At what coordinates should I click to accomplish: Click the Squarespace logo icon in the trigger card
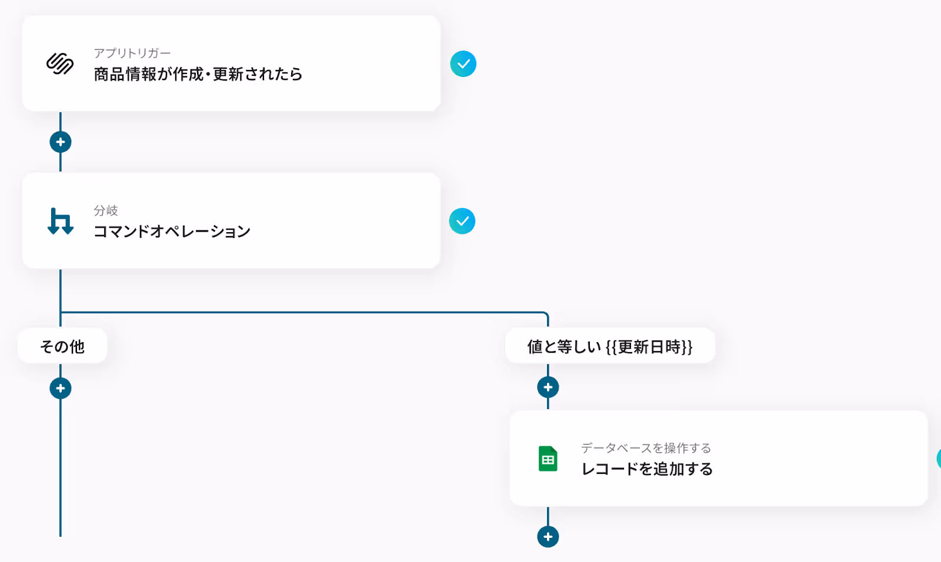click(x=60, y=63)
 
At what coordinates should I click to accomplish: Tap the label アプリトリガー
click(x=132, y=53)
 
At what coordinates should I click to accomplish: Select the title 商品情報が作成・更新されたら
click(x=198, y=74)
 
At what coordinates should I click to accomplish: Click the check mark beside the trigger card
click(x=463, y=64)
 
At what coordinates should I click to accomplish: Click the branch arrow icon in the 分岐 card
click(x=60, y=221)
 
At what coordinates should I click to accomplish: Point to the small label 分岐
click(x=106, y=210)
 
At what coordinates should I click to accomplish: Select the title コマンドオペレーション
click(x=172, y=232)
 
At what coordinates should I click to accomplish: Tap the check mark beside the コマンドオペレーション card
click(x=462, y=221)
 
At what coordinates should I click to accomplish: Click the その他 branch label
click(x=62, y=347)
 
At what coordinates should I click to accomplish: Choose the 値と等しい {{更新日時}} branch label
click(x=610, y=347)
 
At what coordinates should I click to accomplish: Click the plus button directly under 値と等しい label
click(x=548, y=387)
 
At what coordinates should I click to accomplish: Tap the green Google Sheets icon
click(x=548, y=459)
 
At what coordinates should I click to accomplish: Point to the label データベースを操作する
click(x=646, y=448)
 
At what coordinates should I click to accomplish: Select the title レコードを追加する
click(x=647, y=469)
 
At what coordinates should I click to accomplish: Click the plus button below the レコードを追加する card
click(x=548, y=537)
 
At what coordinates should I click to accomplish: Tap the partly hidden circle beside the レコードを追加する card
click(x=939, y=459)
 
